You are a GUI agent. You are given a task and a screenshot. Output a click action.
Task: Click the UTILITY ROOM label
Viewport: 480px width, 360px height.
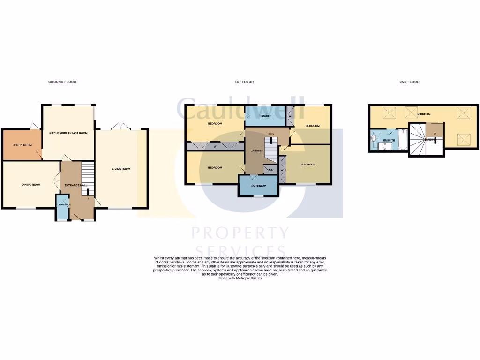click(22, 145)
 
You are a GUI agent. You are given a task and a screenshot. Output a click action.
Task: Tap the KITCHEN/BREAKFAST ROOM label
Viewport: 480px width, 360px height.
click(68, 133)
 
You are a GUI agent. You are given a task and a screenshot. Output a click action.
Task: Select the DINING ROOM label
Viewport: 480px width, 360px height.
click(31, 185)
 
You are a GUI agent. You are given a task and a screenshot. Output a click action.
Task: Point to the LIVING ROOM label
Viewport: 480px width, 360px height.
click(121, 169)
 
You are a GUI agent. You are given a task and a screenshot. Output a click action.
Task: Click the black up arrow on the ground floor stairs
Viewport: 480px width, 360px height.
click(88, 192)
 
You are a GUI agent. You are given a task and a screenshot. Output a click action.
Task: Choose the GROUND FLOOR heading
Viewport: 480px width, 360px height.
click(62, 82)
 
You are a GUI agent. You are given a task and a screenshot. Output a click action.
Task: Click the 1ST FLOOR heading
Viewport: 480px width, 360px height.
click(244, 82)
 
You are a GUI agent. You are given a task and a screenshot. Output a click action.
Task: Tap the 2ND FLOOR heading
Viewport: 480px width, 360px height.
click(409, 82)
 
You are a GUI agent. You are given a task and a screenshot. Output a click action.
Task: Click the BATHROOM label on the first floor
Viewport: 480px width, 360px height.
click(258, 186)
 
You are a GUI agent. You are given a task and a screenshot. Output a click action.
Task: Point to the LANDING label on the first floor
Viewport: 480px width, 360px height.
click(256, 150)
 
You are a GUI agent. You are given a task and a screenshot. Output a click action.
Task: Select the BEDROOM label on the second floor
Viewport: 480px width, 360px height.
click(424, 114)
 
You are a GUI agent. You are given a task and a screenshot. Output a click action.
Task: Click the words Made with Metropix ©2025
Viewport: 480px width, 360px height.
click(240, 278)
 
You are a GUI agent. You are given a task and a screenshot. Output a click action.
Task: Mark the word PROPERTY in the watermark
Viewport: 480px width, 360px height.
click(240, 233)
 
